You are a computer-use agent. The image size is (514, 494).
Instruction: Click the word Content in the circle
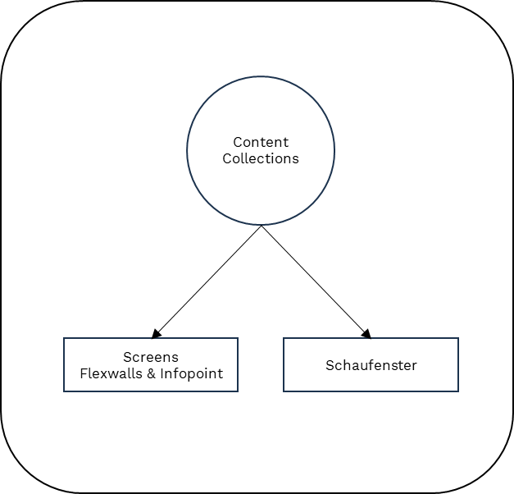pyautogui.click(x=261, y=142)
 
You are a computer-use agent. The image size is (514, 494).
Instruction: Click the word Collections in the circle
pyautogui.click(x=261, y=158)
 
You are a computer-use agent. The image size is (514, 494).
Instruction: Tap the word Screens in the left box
pyautogui.click(x=151, y=357)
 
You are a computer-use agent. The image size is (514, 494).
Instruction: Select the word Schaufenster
pyautogui.click(x=371, y=365)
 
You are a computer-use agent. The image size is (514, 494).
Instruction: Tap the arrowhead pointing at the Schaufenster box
pyautogui.click(x=366, y=333)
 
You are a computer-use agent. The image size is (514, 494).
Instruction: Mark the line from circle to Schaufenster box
pyautogui.click(x=313, y=279)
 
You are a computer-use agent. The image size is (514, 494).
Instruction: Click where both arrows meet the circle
pyautogui.click(x=261, y=226)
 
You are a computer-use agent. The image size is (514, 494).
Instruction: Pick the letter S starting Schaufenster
pyautogui.click(x=330, y=365)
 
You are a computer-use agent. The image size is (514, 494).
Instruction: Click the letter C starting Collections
pyautogui.click(x=227, y=158)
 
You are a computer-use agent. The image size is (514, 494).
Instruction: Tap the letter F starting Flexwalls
pyautogui.click(x=83, y=373)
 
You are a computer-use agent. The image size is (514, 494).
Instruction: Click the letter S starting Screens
pyautogui.click(x=127, y=357)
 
